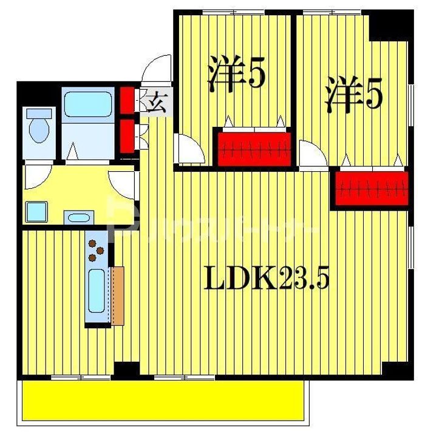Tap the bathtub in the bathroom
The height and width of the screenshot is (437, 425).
[x=87, y=104]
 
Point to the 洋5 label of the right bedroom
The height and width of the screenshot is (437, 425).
[x=352, y=95]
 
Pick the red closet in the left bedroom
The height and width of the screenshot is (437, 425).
[x=253, y=146]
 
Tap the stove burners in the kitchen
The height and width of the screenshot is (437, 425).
[x=96, y=249]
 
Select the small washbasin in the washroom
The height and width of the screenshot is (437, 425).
[x=78, y=217]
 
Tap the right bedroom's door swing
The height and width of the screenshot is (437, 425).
[x=311, y=154]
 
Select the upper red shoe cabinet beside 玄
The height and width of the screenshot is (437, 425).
[x=127, y=101]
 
